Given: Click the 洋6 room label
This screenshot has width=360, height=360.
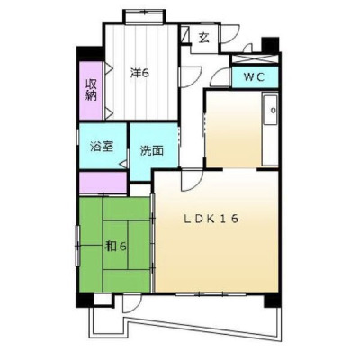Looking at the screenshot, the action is click(x=139, y=73).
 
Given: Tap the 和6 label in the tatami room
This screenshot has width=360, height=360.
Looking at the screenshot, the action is click(x=115, y=247).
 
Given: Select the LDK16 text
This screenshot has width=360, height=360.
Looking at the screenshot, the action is click(x=211, y=219).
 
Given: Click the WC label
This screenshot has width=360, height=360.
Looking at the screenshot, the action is click(x=254, y=77).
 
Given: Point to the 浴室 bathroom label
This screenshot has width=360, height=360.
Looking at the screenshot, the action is click(x=102, y=147).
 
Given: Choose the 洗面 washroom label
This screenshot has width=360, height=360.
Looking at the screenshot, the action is click(x=152, y=150).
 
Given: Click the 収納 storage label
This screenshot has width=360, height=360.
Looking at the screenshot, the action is click(x=91, y=90).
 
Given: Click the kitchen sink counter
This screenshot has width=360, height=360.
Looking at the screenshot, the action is click(x=270, y=129).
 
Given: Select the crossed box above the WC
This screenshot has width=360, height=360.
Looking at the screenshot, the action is click(x=255, y=59).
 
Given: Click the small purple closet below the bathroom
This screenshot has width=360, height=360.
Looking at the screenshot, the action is click(x=103, y=183).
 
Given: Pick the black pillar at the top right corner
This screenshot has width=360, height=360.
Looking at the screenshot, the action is click(x=271, y=45).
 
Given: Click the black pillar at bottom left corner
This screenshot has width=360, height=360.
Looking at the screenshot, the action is click(x=85, y=300).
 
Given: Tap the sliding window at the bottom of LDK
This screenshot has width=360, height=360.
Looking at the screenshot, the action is click(x=211, y=294).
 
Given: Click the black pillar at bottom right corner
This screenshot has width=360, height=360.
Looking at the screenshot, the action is click(x=273, y=300).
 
